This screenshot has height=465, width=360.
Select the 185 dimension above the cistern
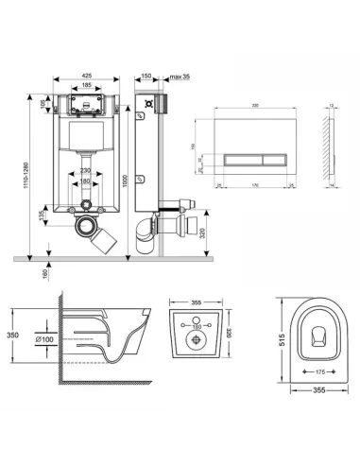coord(84,86)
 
